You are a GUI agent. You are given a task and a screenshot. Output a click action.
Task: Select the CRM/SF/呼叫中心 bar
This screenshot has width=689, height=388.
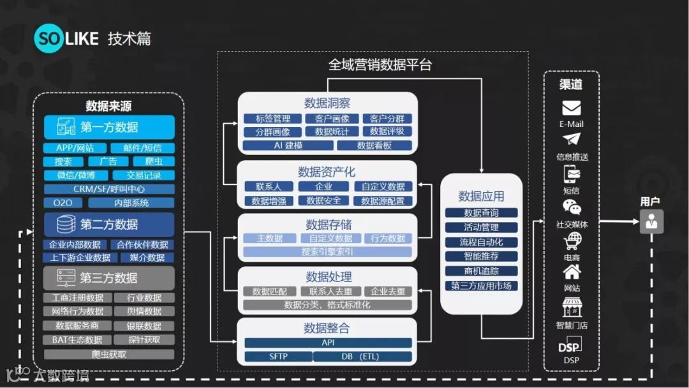click(x=109, y=189)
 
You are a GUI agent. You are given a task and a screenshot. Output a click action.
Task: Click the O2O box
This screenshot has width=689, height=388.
click(x=63, y=203)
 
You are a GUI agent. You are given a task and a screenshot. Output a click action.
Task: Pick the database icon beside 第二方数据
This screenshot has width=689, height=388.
click(x=65, y=225)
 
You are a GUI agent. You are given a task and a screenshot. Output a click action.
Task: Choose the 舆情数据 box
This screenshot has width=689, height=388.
click(x=144, y=311)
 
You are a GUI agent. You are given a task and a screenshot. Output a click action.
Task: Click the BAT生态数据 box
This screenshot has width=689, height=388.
click(x=77, y=339)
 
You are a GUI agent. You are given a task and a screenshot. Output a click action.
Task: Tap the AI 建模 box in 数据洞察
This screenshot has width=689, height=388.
click(x=288, y=145)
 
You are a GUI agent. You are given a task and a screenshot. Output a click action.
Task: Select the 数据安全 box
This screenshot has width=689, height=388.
click(x=323, y=201)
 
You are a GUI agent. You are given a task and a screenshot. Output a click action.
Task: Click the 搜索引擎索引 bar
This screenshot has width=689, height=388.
click(x=327, y=251)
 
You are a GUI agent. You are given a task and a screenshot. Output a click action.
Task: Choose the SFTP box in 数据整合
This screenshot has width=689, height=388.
click(x=278, y=356)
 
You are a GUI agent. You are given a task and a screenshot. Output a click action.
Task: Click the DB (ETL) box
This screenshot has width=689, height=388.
click(x=361, y=356)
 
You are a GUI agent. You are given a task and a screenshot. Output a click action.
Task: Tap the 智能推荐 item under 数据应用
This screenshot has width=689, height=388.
click(x=481, y=257)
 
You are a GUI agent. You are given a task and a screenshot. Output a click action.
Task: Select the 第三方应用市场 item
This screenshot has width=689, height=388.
click(x=481, y=286)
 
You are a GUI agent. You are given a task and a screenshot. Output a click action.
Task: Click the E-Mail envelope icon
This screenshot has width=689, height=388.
click(x=571, y=108)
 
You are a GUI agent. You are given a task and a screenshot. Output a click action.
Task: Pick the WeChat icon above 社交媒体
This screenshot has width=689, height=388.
click(x=572, y=207)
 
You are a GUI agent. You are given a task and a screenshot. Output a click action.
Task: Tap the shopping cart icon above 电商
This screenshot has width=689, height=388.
click(x=572, y=241)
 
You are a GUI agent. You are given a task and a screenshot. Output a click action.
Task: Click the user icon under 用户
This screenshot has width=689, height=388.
click(x=651, y=221)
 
